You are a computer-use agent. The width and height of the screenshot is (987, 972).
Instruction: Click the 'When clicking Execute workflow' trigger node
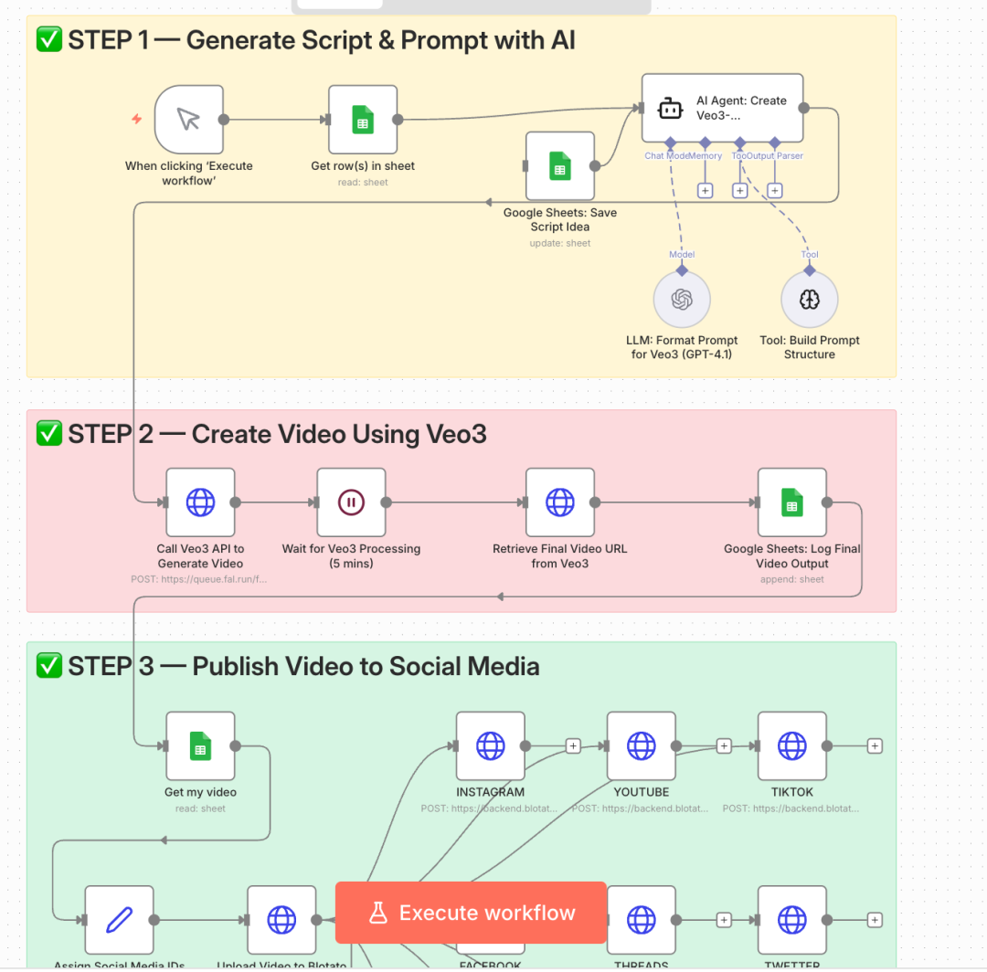click(189, 120)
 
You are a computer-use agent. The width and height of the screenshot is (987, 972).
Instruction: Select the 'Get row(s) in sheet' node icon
click(363, 120)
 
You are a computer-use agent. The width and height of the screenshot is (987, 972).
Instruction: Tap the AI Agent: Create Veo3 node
click(722, 108)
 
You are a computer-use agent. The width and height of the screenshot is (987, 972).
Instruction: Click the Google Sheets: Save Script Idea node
click(560, 165)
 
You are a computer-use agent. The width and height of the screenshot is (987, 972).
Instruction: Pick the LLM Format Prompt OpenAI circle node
click(682, 300)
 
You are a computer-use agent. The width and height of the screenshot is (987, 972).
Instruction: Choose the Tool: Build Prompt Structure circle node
click(810, 300)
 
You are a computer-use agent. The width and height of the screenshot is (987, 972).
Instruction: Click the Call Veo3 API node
click(200, 502)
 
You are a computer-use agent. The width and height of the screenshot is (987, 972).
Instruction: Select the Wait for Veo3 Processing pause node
click(352, 502)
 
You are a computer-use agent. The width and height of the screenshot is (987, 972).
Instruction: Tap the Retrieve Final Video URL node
click(560, 502)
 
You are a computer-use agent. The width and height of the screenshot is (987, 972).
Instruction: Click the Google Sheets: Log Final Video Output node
click(792, 502)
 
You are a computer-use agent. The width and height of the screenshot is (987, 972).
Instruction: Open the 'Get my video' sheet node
click(200, 746)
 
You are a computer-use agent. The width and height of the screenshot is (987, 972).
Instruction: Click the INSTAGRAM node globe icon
click(491, 746)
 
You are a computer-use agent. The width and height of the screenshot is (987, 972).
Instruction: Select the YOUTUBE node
click(642, 746)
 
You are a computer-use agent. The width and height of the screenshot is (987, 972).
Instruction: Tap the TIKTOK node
click(792, 746)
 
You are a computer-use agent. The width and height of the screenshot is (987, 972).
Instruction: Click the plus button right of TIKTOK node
click(875, 746)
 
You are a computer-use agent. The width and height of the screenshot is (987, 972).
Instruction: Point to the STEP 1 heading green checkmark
click(48, 40)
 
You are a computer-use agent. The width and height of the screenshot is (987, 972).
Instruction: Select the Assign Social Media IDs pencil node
click(119, 920)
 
